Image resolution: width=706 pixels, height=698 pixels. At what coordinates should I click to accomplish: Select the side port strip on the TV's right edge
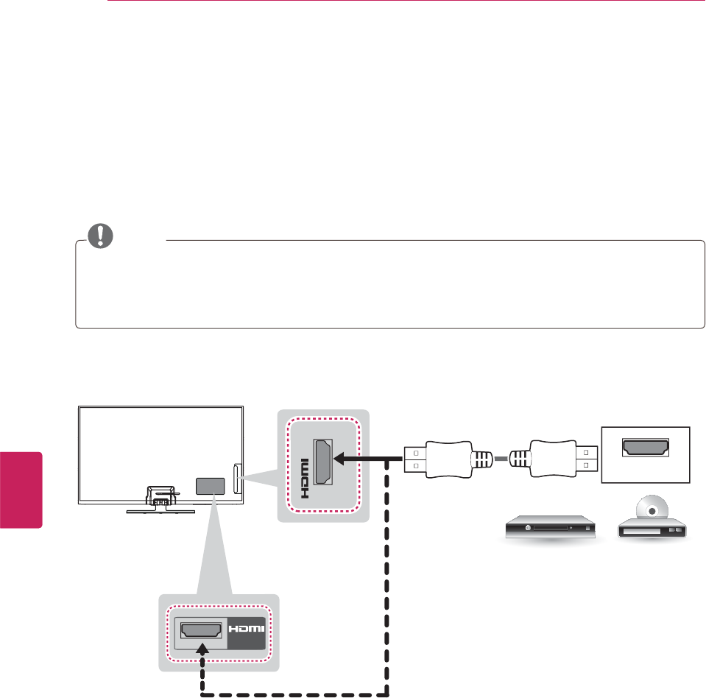236,479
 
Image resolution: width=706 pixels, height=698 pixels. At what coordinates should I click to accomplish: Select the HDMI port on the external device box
646,446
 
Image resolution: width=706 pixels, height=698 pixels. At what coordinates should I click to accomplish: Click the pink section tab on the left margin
21,489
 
